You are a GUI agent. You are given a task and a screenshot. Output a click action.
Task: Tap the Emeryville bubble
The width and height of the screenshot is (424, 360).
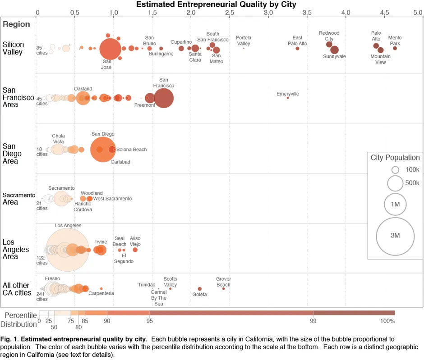tap(288, 98)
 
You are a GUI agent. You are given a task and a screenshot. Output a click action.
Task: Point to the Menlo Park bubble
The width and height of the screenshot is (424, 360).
tap(395, 48)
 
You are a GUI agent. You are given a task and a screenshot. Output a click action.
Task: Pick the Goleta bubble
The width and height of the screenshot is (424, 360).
tap(200, 289)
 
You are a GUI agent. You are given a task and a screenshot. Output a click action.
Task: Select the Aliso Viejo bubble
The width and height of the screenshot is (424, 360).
tap(135, 250)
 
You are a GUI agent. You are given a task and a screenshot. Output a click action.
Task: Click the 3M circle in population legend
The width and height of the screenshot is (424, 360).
tap(395, 236)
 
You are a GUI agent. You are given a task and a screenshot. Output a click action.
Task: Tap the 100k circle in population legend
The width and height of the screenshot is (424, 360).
tap(395, 170)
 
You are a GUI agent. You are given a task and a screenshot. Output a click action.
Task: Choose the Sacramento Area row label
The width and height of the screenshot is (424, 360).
tap(18, 198)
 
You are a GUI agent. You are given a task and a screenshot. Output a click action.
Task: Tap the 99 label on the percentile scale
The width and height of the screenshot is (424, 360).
tap(313, 321)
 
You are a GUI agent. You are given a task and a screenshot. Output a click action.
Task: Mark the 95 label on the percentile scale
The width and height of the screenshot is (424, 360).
tap(150, 321)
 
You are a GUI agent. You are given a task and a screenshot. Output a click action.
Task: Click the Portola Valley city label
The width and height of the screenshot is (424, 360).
tap(244, 41)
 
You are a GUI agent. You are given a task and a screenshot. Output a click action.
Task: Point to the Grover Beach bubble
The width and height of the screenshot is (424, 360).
tap(223, 289)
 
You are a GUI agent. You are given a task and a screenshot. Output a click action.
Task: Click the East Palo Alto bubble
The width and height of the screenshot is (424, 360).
tap(297, 48)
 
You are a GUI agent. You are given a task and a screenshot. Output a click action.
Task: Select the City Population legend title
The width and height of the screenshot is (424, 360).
tap(395, 158)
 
